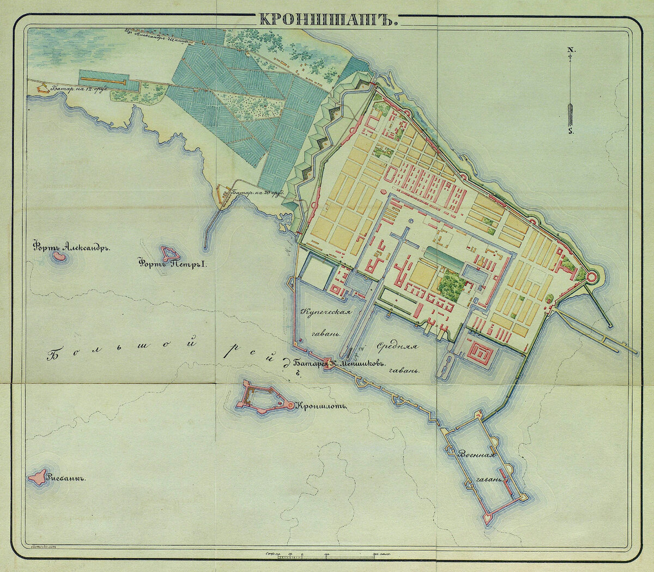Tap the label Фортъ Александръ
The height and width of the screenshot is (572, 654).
coord(71,246)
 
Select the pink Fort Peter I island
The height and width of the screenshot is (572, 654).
coord(170,253)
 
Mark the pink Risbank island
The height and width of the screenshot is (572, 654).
coord(39,478)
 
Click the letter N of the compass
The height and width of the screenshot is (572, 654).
coord(570,50)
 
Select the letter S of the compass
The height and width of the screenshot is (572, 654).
coord(570,131)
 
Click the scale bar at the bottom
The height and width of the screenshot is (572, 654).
coord(327,557)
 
